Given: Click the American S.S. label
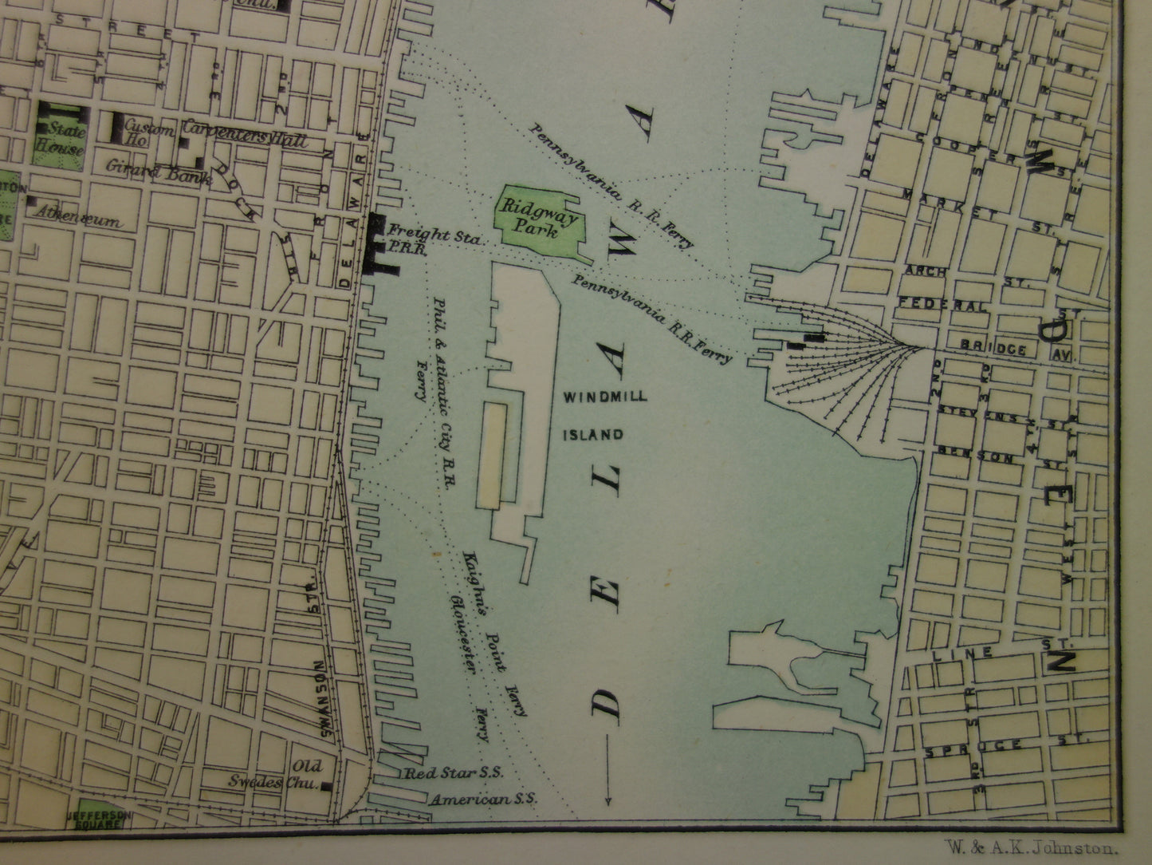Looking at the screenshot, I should (x=483, y=798).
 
